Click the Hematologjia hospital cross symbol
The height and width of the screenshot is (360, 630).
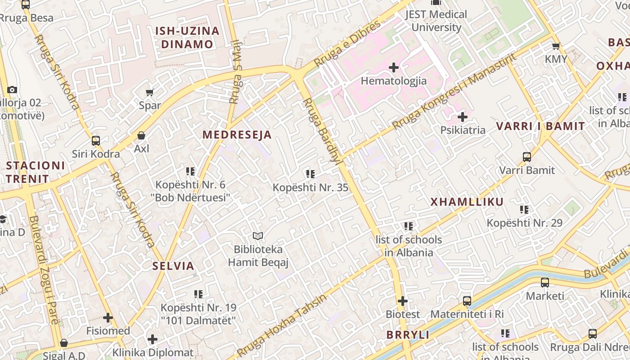coord(394,67)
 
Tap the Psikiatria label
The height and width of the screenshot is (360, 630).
coord(463,130)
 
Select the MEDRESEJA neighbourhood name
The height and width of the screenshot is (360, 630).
coord(237,135)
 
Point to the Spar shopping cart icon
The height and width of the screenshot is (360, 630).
coord(149,93)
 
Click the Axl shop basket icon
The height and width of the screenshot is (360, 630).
coord(141,135)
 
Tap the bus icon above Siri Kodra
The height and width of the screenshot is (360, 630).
coord(96,141)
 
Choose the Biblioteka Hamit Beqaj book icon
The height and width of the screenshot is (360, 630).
coord(258,236)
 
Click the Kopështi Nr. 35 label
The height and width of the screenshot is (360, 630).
coord(310,188)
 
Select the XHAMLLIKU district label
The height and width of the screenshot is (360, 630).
coord(467,202)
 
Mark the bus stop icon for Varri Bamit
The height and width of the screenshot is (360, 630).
coord(527,157)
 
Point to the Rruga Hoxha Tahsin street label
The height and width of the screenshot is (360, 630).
coord(283,324)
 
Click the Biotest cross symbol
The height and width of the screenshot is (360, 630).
coord(403,301)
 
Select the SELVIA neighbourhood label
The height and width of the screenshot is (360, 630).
coord(173,265)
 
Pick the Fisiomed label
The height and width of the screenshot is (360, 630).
coord(108,331)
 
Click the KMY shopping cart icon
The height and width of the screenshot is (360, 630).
coord(556,46)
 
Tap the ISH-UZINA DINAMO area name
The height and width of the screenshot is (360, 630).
coord(187,37)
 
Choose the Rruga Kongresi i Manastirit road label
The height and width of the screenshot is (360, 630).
coord(454,91)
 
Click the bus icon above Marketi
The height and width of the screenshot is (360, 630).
coord(545,283)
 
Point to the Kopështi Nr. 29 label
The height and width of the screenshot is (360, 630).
coord(524,223)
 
